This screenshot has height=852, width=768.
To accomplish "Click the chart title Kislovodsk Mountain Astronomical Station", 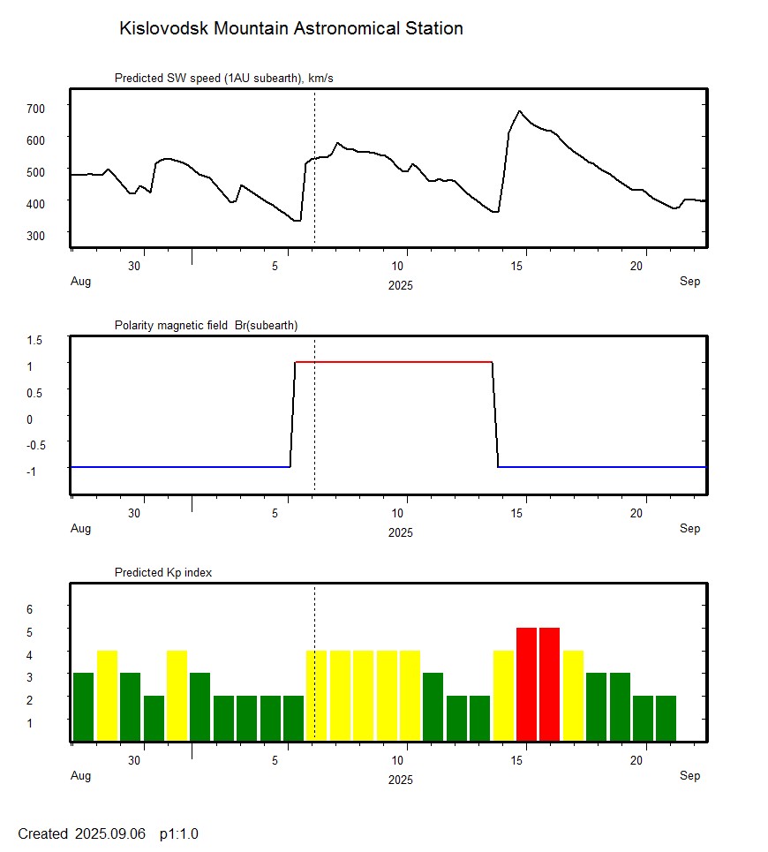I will [x=290, y=29].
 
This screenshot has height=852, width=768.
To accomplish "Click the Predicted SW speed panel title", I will [x=223, y=79].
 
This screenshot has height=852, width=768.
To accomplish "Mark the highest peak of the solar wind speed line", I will [x=520, y=112].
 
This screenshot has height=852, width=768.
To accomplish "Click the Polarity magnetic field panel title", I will [x=206, y=326].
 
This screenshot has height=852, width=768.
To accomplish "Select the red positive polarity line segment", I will [x=393, y=362].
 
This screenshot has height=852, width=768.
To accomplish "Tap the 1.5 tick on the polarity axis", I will [x=35, y=339].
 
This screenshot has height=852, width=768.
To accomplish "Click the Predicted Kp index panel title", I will [x=163, y=573].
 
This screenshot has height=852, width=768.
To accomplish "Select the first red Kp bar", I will [x=526, y=684].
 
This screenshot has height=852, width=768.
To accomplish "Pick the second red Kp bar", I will [x=549, y=684].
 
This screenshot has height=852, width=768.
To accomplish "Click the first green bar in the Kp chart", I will [x=83, y=706].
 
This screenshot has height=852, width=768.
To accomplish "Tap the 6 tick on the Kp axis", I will [x=29, y=609].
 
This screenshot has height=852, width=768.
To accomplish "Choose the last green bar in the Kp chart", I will [x=666, y=718].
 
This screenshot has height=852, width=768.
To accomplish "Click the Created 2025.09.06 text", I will [x=81, y=833].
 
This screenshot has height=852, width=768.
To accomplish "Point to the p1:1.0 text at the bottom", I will [x=179, y=833].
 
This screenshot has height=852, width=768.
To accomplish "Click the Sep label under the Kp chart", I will [x=689, y=776].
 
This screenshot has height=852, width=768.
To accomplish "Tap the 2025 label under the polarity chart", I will [x=400, y=532].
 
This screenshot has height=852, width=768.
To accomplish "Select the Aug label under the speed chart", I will [x=80, y=282].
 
